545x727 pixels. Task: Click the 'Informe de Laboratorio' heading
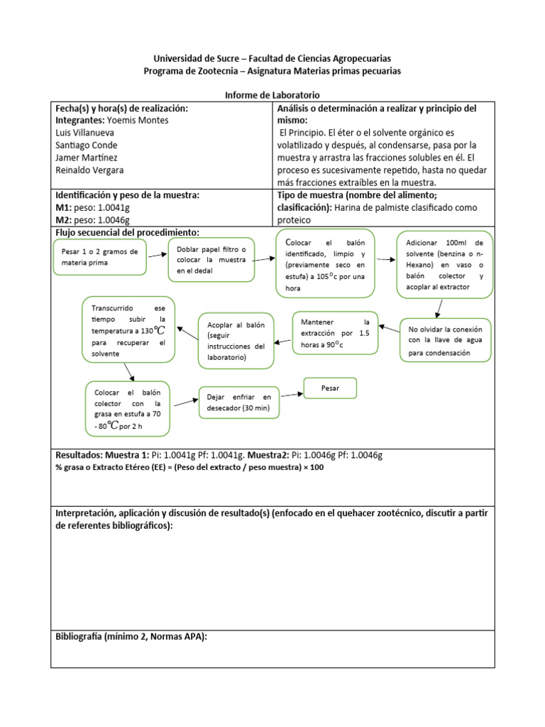tap(272, 95)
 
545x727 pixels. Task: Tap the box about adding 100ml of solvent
tap(444, 263)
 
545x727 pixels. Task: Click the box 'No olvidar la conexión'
tap(445, 341)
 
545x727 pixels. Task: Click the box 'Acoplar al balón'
tap(236, 341)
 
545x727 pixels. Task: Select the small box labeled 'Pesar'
tap(330, 388)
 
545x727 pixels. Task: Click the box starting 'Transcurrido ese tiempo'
tap(128, 326)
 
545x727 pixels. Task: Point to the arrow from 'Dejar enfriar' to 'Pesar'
tap(290, 393)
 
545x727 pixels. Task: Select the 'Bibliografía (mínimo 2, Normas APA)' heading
tap(131, 637)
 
